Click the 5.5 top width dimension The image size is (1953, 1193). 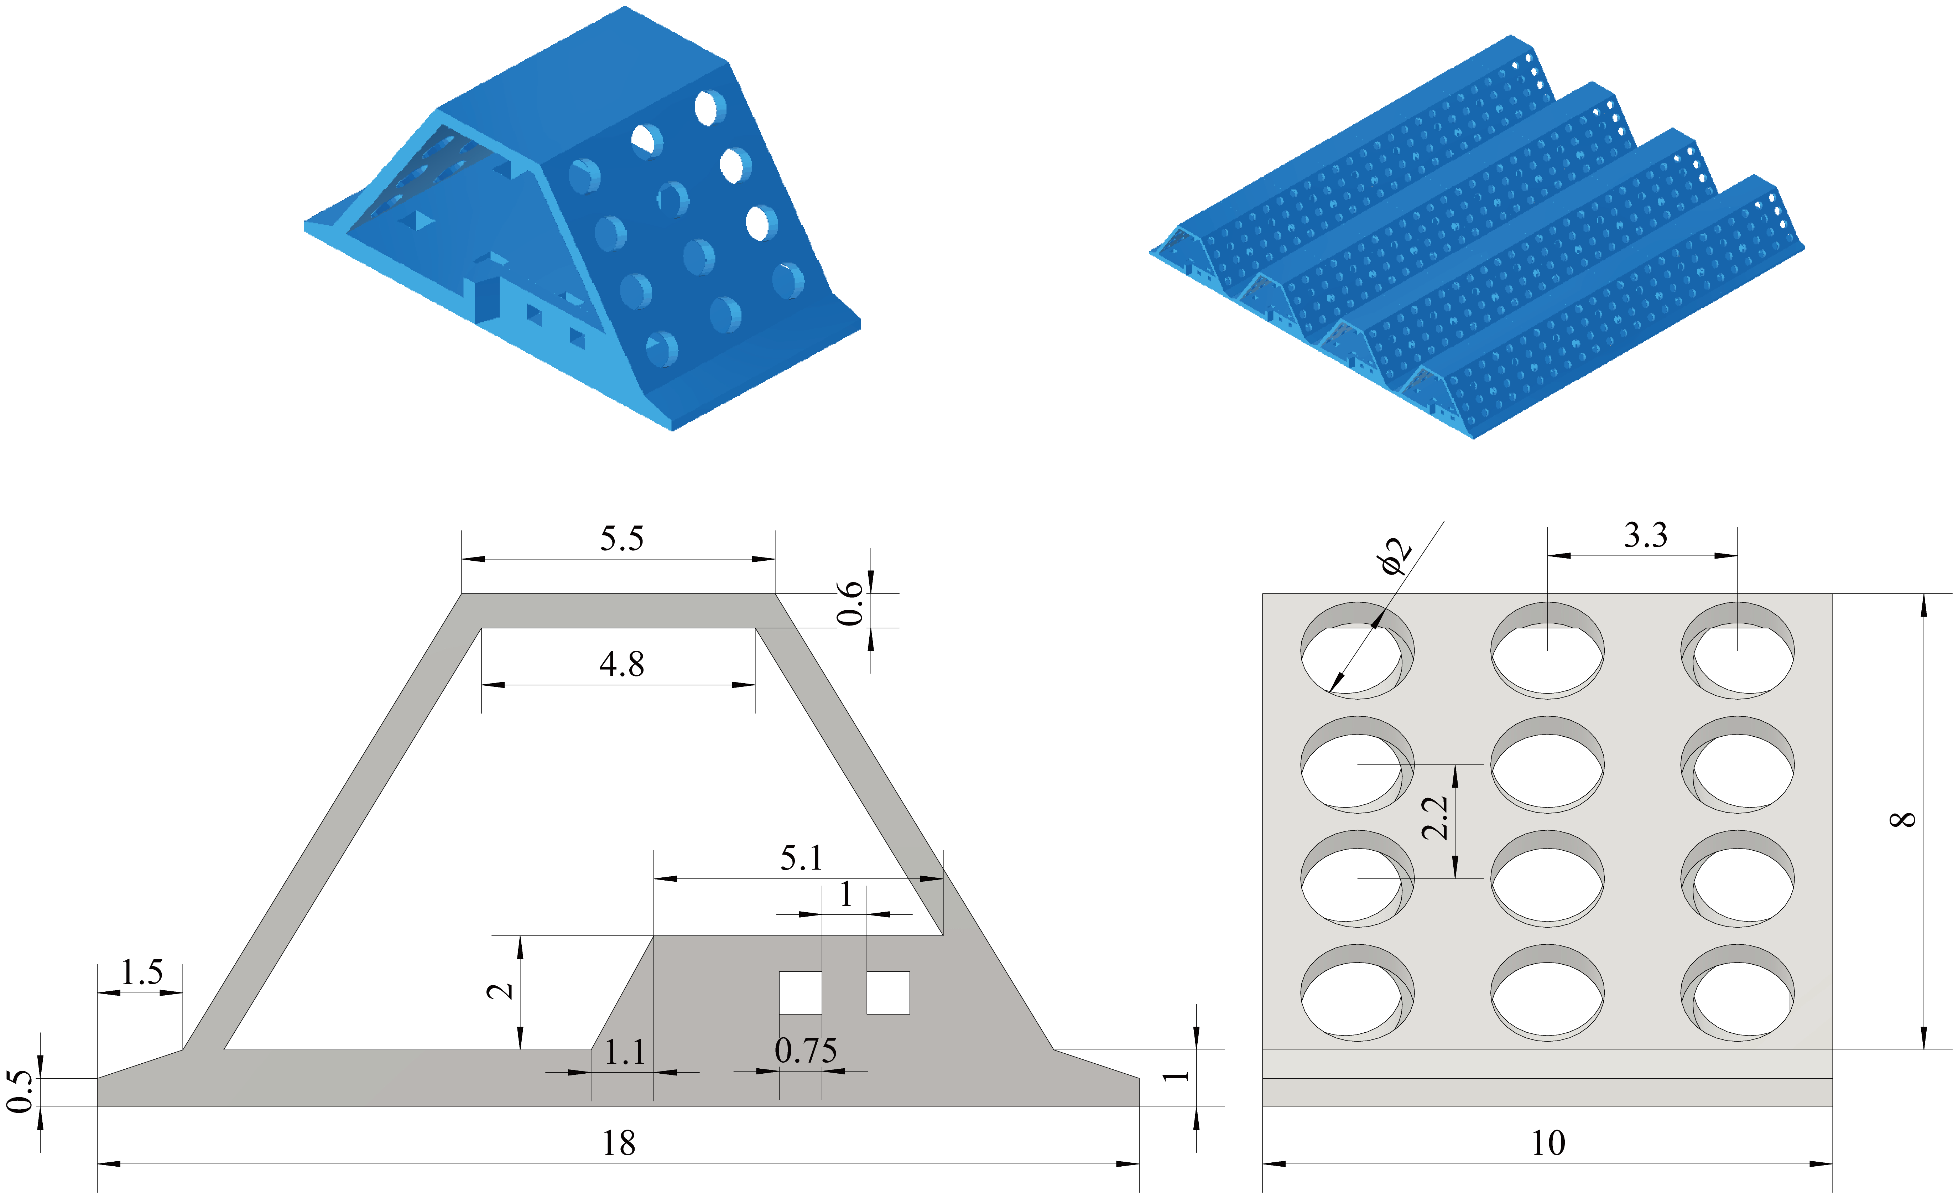[x=621, y=539]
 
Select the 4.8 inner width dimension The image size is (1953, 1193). [x=621, y=664]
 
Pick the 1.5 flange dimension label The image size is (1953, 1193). [x=142, y=972]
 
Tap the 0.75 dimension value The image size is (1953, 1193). [x=805, y=1051]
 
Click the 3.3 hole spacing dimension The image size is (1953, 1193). [x=1645, y=536]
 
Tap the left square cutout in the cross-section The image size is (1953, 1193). [x=801, y=992]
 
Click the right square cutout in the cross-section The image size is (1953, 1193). [x=888, y=992]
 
